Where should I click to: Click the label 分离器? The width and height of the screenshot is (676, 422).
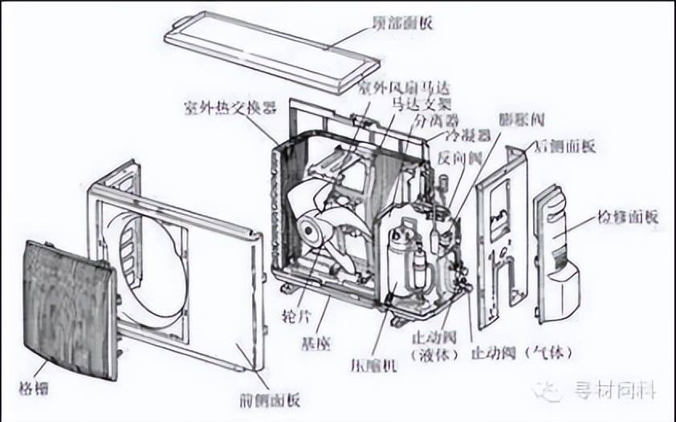point(435,120)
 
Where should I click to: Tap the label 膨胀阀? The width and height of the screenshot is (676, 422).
point(521,120)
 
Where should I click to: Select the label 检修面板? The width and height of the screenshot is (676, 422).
point(628,216)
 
